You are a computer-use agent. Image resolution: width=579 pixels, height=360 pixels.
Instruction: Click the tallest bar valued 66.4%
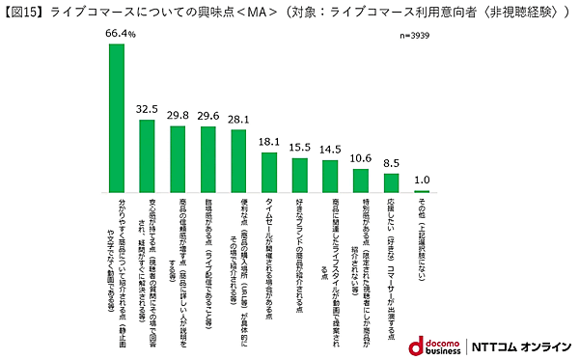(x=116, y=118)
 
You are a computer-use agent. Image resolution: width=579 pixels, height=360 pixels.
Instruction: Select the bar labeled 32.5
(x=147, y=155)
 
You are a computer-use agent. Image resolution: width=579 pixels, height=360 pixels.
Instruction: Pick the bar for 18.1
(x=269, y=172)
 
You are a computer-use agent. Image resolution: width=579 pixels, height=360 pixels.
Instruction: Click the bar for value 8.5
(x=392, y=182)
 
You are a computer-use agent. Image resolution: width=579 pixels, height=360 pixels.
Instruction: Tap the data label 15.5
(x=299, y=146)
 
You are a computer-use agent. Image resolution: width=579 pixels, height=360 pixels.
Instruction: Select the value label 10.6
(x=361, y=157)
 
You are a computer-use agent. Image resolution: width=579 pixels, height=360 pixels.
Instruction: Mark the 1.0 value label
(x=422, y=179)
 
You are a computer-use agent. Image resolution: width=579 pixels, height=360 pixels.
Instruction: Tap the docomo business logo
(x=429, y=346)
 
